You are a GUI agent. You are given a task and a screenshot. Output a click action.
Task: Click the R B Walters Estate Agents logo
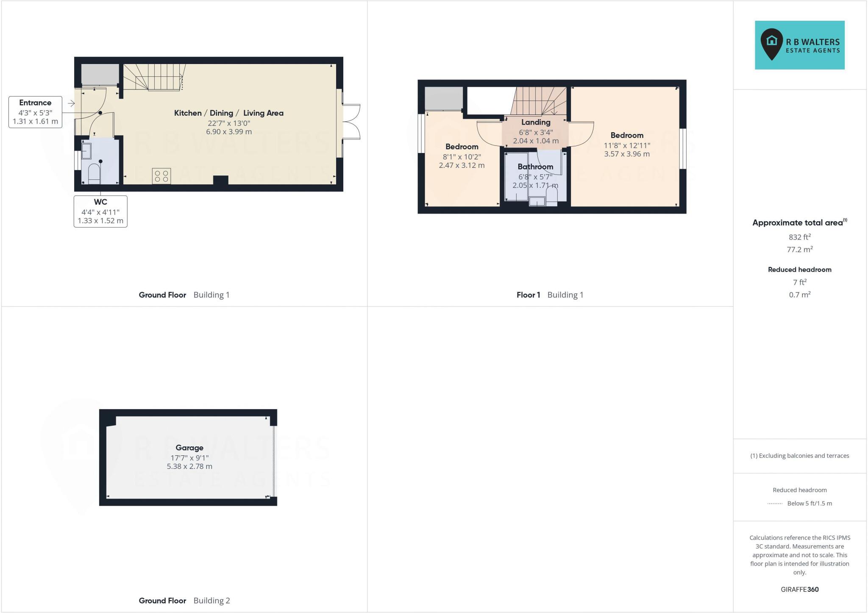coord(799,45)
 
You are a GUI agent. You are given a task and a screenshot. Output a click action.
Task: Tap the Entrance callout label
coord(35,112)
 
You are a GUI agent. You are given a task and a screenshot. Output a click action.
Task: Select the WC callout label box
coord(100,211)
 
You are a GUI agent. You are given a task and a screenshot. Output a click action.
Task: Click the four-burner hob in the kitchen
coord(161,176)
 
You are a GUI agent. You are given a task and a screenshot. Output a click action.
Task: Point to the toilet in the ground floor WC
coord(94,174)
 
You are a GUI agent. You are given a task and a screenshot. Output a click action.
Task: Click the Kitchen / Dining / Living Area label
coord(228,113)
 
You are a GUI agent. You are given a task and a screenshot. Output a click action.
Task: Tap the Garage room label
coord(189,448)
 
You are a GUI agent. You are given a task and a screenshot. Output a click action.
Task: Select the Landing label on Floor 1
coord(536,123)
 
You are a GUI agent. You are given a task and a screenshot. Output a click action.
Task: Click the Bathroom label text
coord(535,167)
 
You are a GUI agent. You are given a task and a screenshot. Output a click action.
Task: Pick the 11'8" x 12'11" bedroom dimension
coord(627,145)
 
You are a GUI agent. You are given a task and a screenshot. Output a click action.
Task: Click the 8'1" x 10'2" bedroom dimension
coord(462,156)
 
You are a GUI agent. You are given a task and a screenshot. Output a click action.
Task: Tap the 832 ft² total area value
coord(799,237)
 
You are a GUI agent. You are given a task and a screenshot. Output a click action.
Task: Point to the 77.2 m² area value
coord(799,250)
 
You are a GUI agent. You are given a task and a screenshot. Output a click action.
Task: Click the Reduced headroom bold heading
coord(799,270)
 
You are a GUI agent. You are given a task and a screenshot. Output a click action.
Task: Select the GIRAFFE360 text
coord(799,589)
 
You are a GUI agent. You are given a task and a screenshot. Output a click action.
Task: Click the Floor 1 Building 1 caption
coord(550,295)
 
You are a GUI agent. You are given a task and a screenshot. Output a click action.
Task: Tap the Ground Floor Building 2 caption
coord(184,601)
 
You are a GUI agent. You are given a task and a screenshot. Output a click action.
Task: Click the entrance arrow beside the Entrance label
coord(71,103)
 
